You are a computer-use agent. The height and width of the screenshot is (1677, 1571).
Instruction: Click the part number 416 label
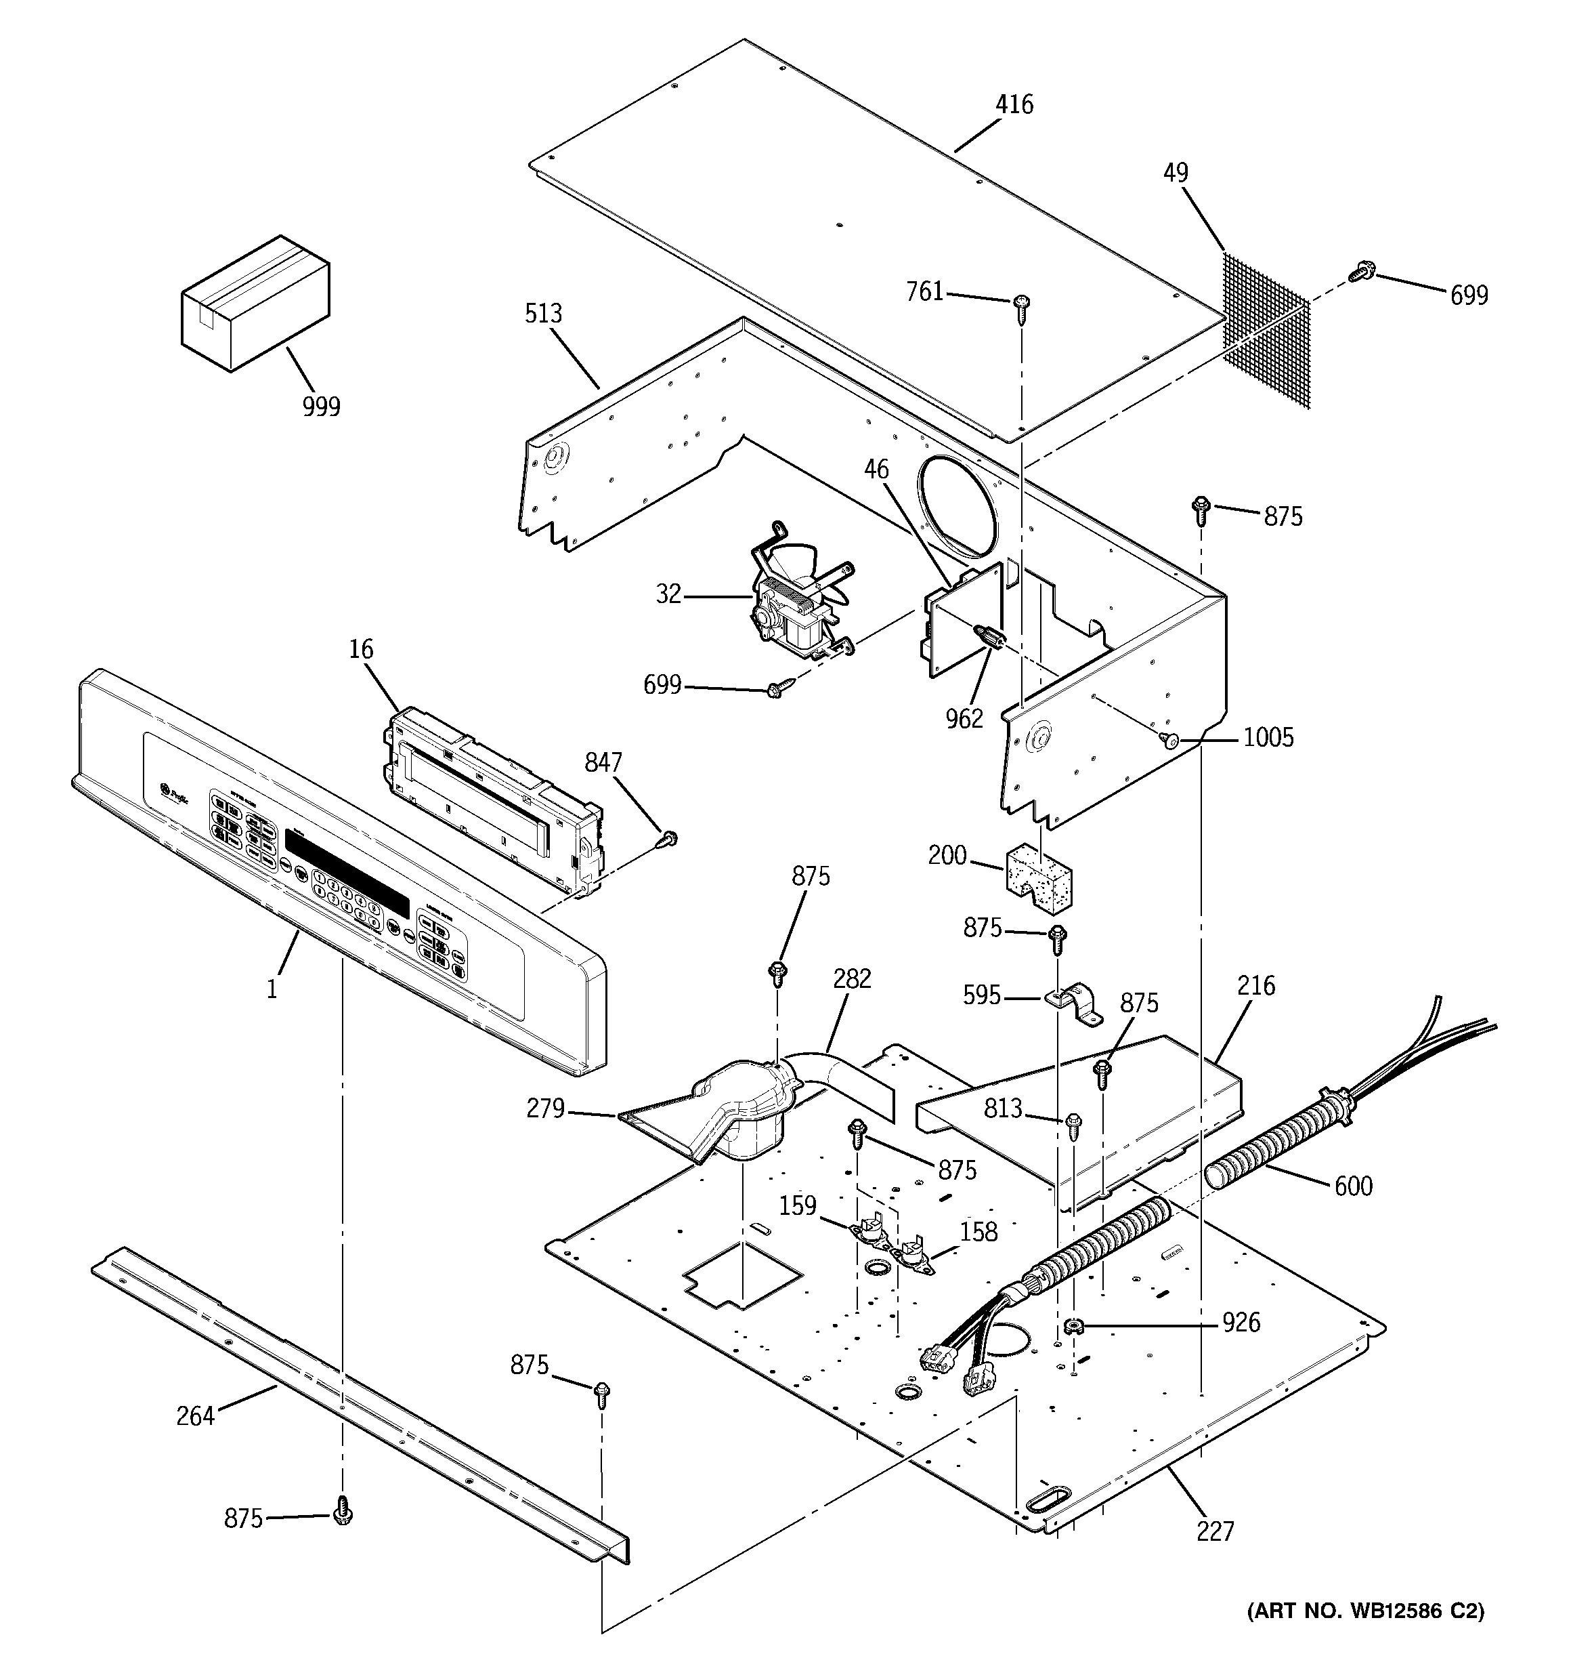(1014, 104)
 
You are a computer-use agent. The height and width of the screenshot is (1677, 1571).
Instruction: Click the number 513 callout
(543, 314)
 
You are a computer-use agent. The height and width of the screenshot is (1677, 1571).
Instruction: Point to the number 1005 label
(1268, 738)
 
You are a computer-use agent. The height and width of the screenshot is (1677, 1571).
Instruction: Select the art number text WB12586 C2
(1365, 1635)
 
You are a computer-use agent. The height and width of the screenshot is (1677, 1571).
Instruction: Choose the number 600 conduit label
(1352, 1186)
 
